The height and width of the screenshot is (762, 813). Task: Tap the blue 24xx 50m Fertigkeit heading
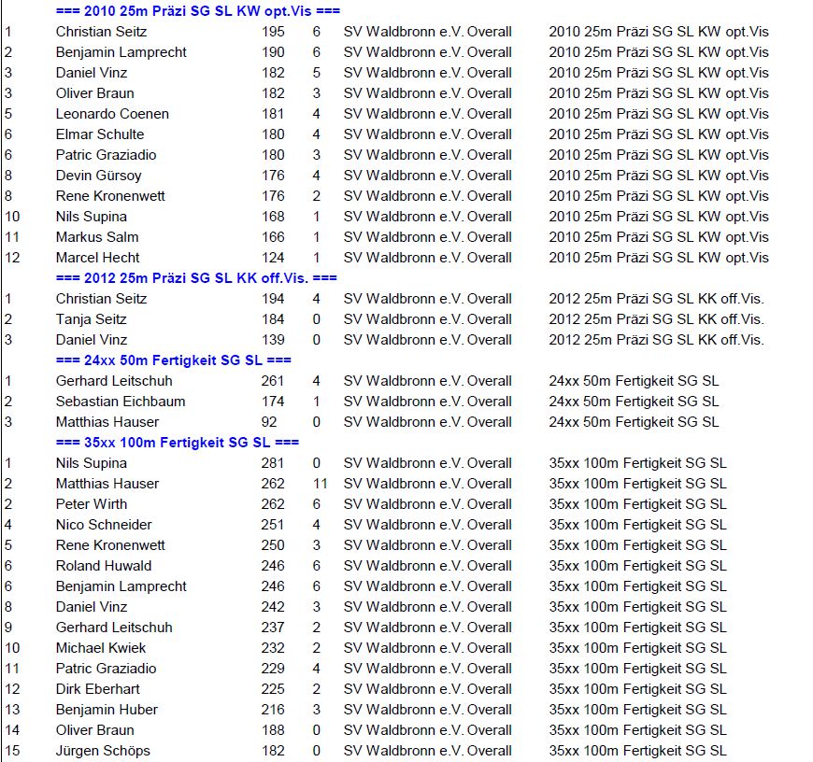pyautogui.click(x=173, y=360)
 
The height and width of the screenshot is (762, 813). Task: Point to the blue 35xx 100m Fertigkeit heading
pyautogui.click(x=177, y=443)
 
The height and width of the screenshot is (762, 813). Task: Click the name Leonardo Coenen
pyautogui.click(x=112, y=114)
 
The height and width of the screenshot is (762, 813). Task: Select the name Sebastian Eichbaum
pyautogui.click(x=121, y=402)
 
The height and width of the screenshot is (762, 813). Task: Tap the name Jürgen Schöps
pyautogui.click(x=103, y=751)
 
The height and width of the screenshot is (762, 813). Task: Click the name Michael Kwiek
pyautogui.click(x=101, y=648)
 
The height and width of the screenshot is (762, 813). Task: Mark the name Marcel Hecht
pyautogui.click(x=97, y=258)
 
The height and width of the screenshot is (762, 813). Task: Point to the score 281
pyautogui.click(x=273, y=463)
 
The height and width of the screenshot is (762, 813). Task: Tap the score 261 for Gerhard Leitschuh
pyautogui.click(x=273, y=381)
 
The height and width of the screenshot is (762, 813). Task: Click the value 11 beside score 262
pyautogui.click(x=320, y=484)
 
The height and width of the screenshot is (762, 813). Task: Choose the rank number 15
pyautogui.click(x=12, y=751)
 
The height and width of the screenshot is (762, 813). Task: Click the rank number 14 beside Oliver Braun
pyautogui.click(x=12, y=730)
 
